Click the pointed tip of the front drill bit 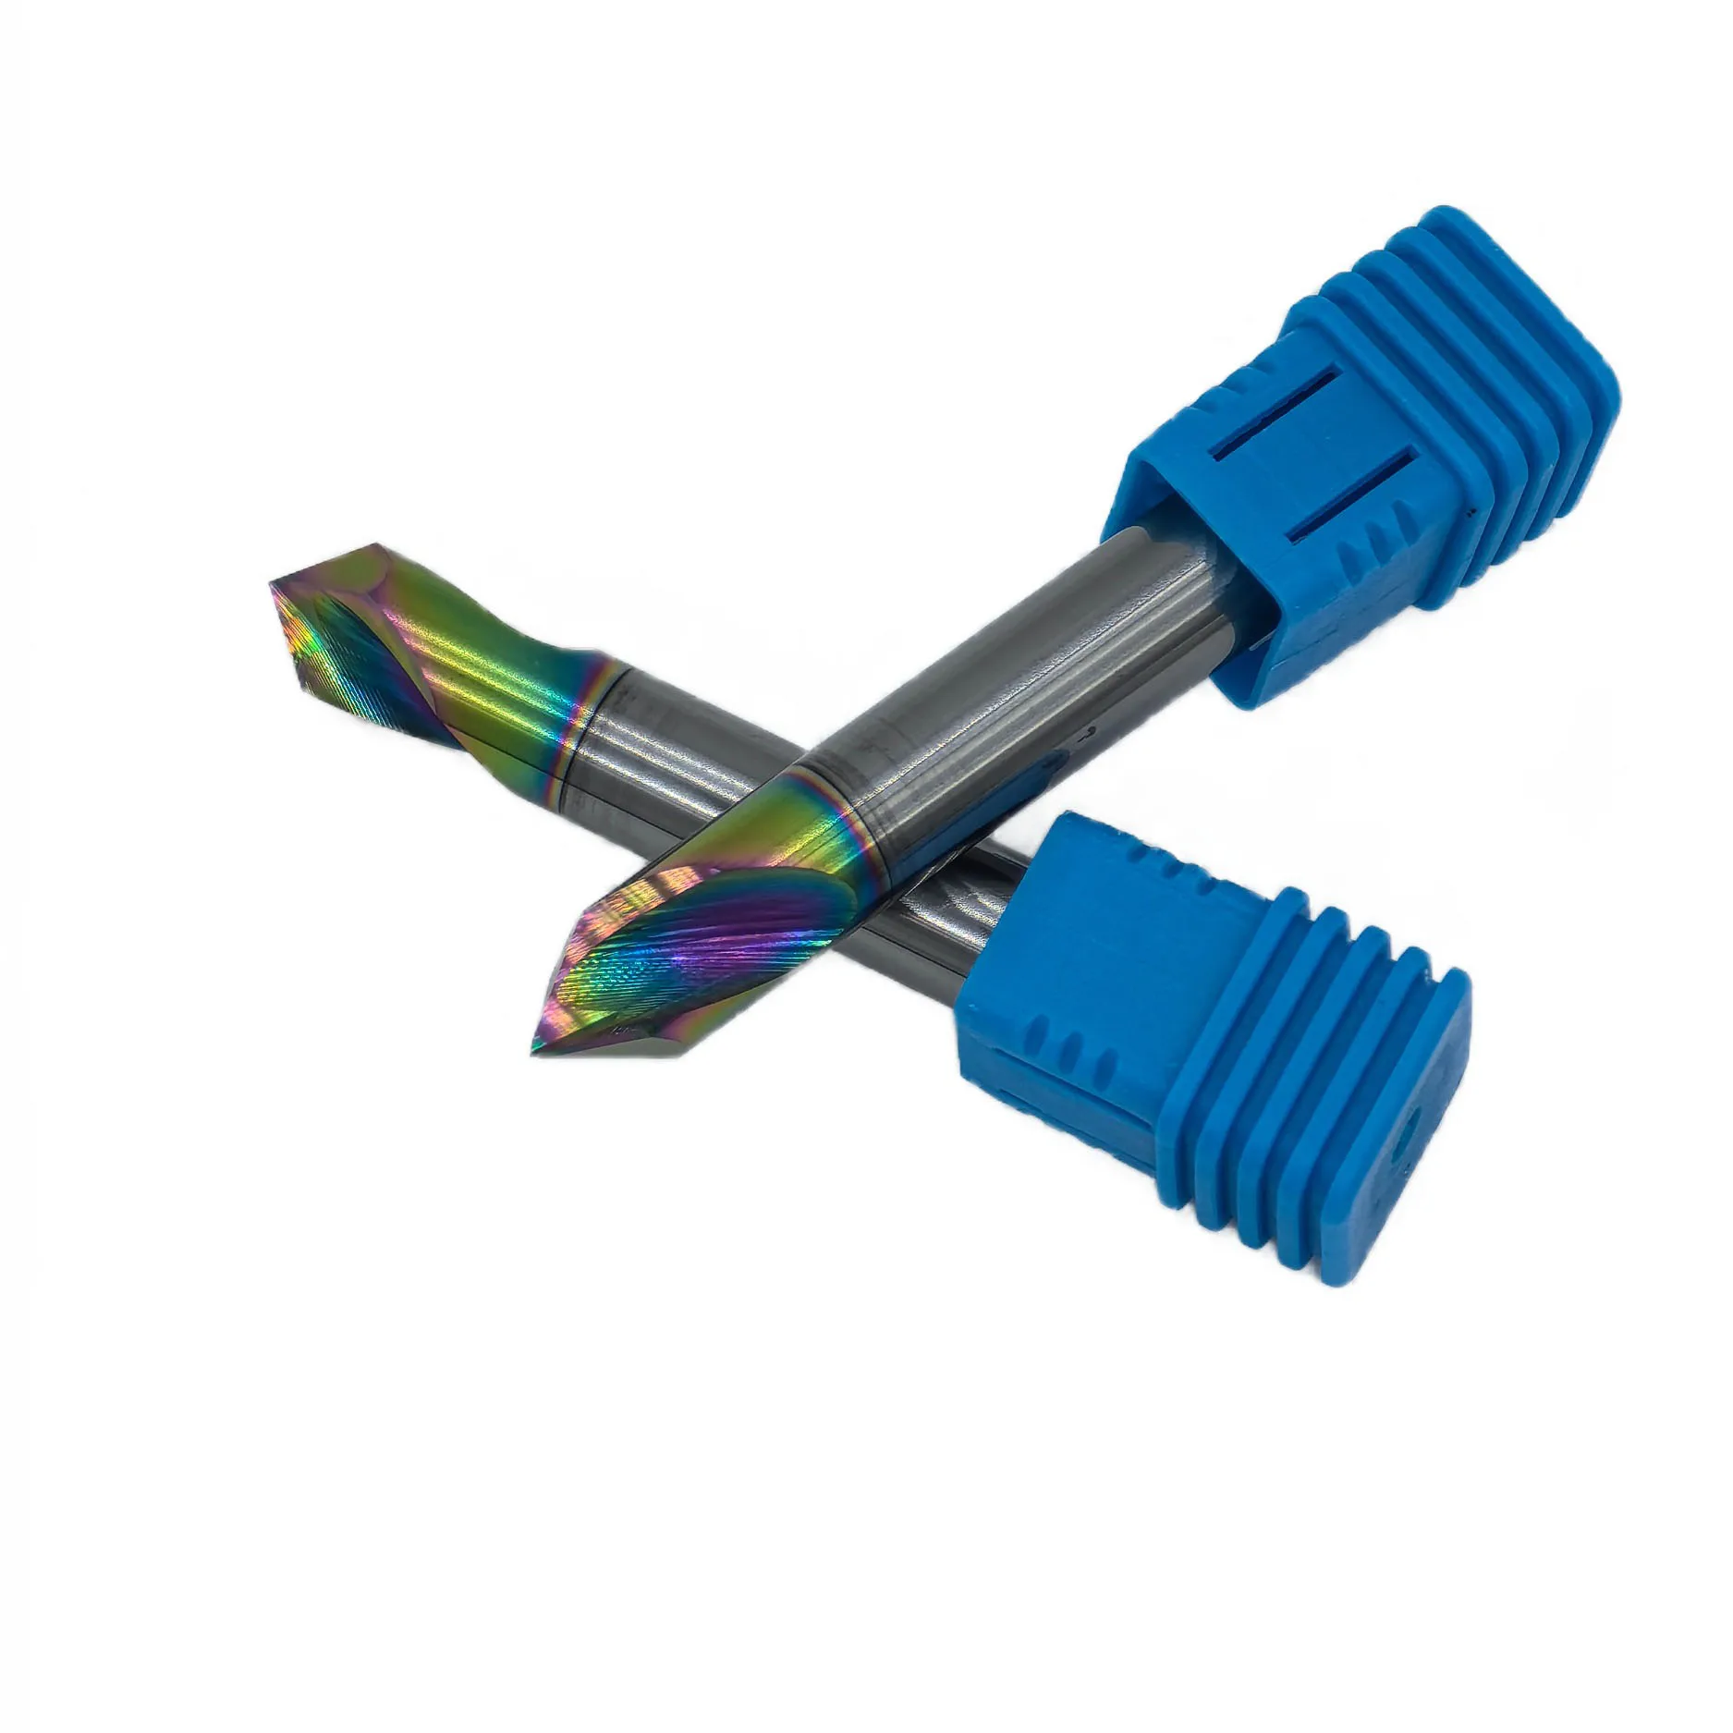click(533, 1051)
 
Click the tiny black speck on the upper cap click(1467, 506)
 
